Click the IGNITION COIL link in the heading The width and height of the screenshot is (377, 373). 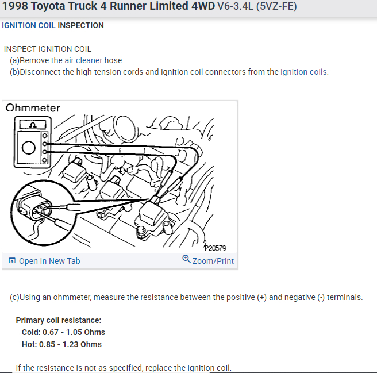click(x=29, y=25)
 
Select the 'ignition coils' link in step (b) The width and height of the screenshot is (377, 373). click(x=303, y=72)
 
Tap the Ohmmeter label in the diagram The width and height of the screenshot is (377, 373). click(x=33, y=108)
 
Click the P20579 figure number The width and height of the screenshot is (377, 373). click(x=215, y=248)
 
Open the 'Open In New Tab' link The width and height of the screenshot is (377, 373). click(x=49, y=261)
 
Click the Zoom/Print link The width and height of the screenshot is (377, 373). click(x=213, y=261)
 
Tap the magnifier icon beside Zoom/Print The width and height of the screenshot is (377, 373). click(x=186, y=259)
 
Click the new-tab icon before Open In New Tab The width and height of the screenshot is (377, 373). click(x=12, y=261)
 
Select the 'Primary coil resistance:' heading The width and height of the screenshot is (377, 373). click(x=59, y=320)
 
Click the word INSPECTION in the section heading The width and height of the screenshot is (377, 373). click(x=80, y=25)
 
